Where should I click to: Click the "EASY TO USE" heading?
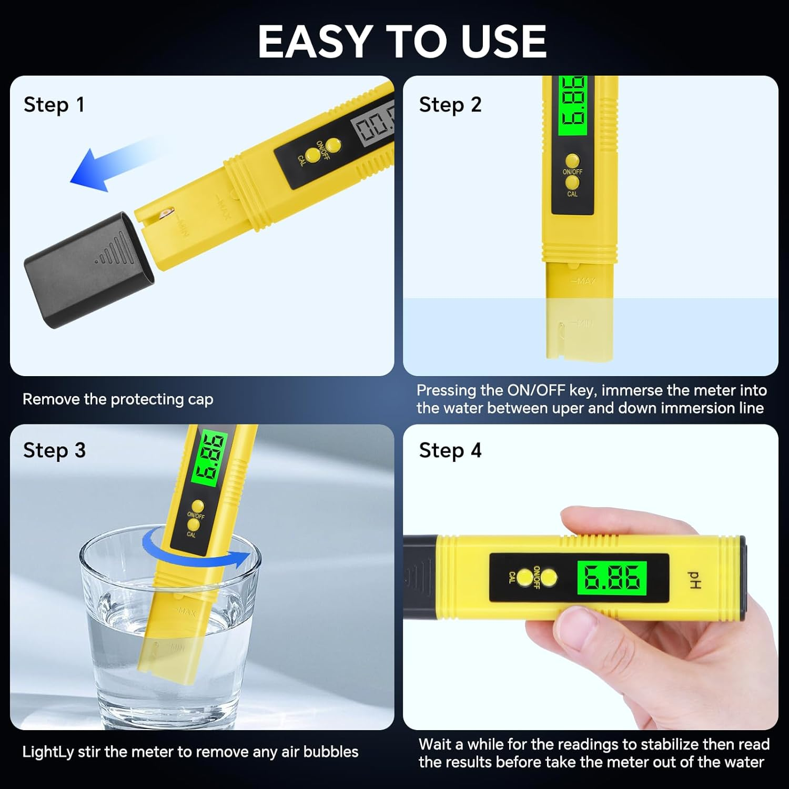[x=402, y=42]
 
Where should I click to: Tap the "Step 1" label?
[x=54, y=105]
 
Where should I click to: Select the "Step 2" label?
[x=450, y=105]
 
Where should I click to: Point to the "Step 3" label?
[x=54, y=450]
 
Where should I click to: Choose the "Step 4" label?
[x=450, y=450]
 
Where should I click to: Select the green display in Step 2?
[x=572, y=105]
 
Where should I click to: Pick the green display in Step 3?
[x=209, y=459]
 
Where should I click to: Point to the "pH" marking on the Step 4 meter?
[x=695, y=580]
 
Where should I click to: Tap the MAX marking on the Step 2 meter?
[x=583, y=281]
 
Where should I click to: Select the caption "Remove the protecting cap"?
[x=118, y=399]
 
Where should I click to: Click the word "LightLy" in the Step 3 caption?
[x=47, y=752]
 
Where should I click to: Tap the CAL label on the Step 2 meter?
[x=572, y=194]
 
